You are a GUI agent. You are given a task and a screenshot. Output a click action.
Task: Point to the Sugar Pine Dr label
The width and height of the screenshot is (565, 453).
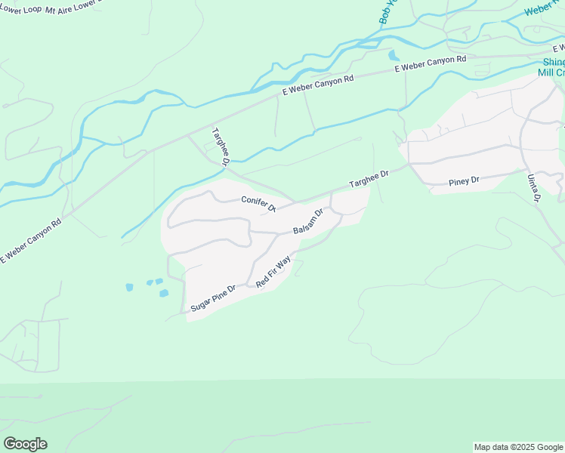[x=214, y=297]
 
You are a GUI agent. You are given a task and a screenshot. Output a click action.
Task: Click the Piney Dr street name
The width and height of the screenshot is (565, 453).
[x=464, y=181]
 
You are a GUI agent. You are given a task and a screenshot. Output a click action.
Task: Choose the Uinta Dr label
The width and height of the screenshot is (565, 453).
[x=533, y=187]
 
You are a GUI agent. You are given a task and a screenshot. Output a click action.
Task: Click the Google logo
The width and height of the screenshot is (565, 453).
[x=25, y=444]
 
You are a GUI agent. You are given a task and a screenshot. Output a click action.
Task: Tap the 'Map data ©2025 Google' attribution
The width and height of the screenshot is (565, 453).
[x=518, y=447]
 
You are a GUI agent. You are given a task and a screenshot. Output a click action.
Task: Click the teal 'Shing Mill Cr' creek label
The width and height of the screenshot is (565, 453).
[x=552, y=68]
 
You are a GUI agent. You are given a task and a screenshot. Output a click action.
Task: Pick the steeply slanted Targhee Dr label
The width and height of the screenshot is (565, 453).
[x=221, y=146]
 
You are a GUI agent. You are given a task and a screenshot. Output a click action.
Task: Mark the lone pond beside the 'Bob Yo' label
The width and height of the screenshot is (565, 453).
[x=392, y=54]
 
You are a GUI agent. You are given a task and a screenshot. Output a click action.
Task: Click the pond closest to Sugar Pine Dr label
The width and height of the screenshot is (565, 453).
[x=164, y=293]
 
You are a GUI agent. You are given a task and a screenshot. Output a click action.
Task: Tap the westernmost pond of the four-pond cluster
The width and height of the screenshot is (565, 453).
[x=129, y=287]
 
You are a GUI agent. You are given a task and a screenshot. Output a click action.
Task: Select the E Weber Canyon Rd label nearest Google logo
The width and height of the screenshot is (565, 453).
[x=31, y=241]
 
